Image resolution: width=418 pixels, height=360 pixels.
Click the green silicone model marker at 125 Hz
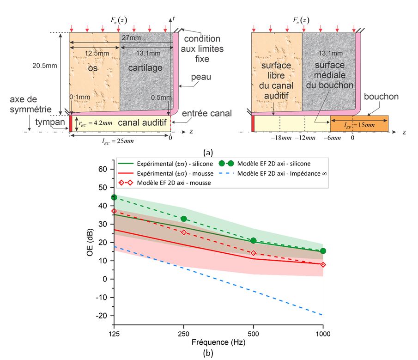[x=114, y=197]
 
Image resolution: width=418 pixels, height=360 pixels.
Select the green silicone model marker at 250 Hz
[x=184, y=219]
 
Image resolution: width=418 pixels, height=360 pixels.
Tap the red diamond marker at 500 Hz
[x=253, y=253]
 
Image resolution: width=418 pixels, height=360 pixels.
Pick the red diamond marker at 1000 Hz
[x=323, y=265]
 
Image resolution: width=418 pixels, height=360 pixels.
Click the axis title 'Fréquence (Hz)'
[x=218, y=343]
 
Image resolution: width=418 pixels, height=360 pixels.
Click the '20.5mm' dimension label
[x=45, y=65]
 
